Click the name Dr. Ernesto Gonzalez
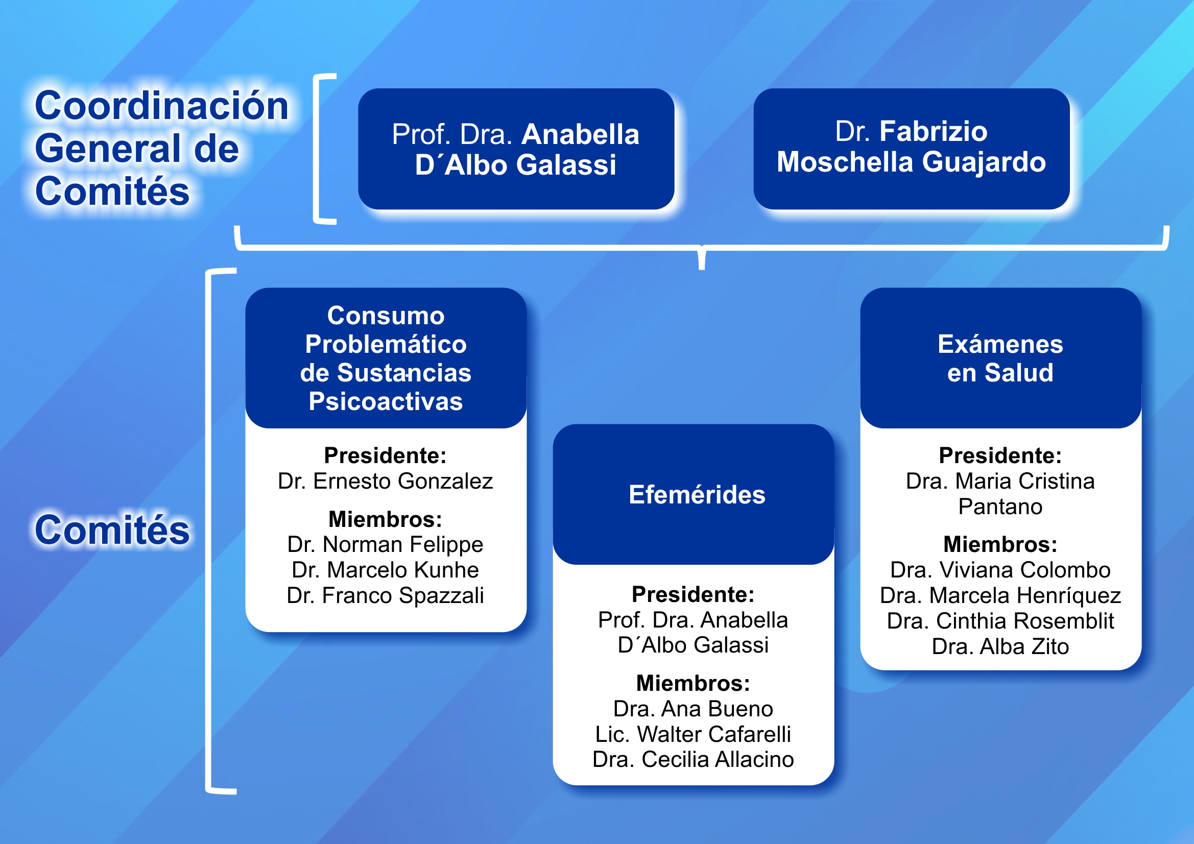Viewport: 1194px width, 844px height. (386, 481)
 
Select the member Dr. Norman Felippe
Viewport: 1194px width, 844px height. (386, 544)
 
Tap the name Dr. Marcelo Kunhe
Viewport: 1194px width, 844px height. (386, 570)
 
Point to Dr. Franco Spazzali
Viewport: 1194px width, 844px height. (386, 595)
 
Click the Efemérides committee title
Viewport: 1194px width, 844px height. (697, 495)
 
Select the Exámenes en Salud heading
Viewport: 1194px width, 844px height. (1000, 358)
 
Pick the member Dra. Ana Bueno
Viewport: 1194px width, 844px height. (693, 709)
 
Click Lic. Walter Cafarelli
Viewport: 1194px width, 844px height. (693, 734)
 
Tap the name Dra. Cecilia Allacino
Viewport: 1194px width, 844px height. (693, 759)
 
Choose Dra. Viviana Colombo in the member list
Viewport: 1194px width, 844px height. (1000, 570)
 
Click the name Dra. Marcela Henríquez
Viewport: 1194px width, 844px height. (1000, 595)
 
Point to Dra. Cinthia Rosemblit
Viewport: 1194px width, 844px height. (1000, 621)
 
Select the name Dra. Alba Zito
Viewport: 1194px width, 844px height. (1000, 646)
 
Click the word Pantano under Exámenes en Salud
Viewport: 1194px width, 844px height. (1000, 507)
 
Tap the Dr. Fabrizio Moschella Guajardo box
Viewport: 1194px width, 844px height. (911, 148)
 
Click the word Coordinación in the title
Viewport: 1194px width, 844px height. (161, 106)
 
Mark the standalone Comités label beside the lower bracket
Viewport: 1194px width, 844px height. (112, 530)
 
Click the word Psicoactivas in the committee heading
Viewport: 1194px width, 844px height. (386, 401)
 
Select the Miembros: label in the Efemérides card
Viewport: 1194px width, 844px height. (693, 683)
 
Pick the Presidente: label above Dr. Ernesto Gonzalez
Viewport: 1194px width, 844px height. (386, 455)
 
